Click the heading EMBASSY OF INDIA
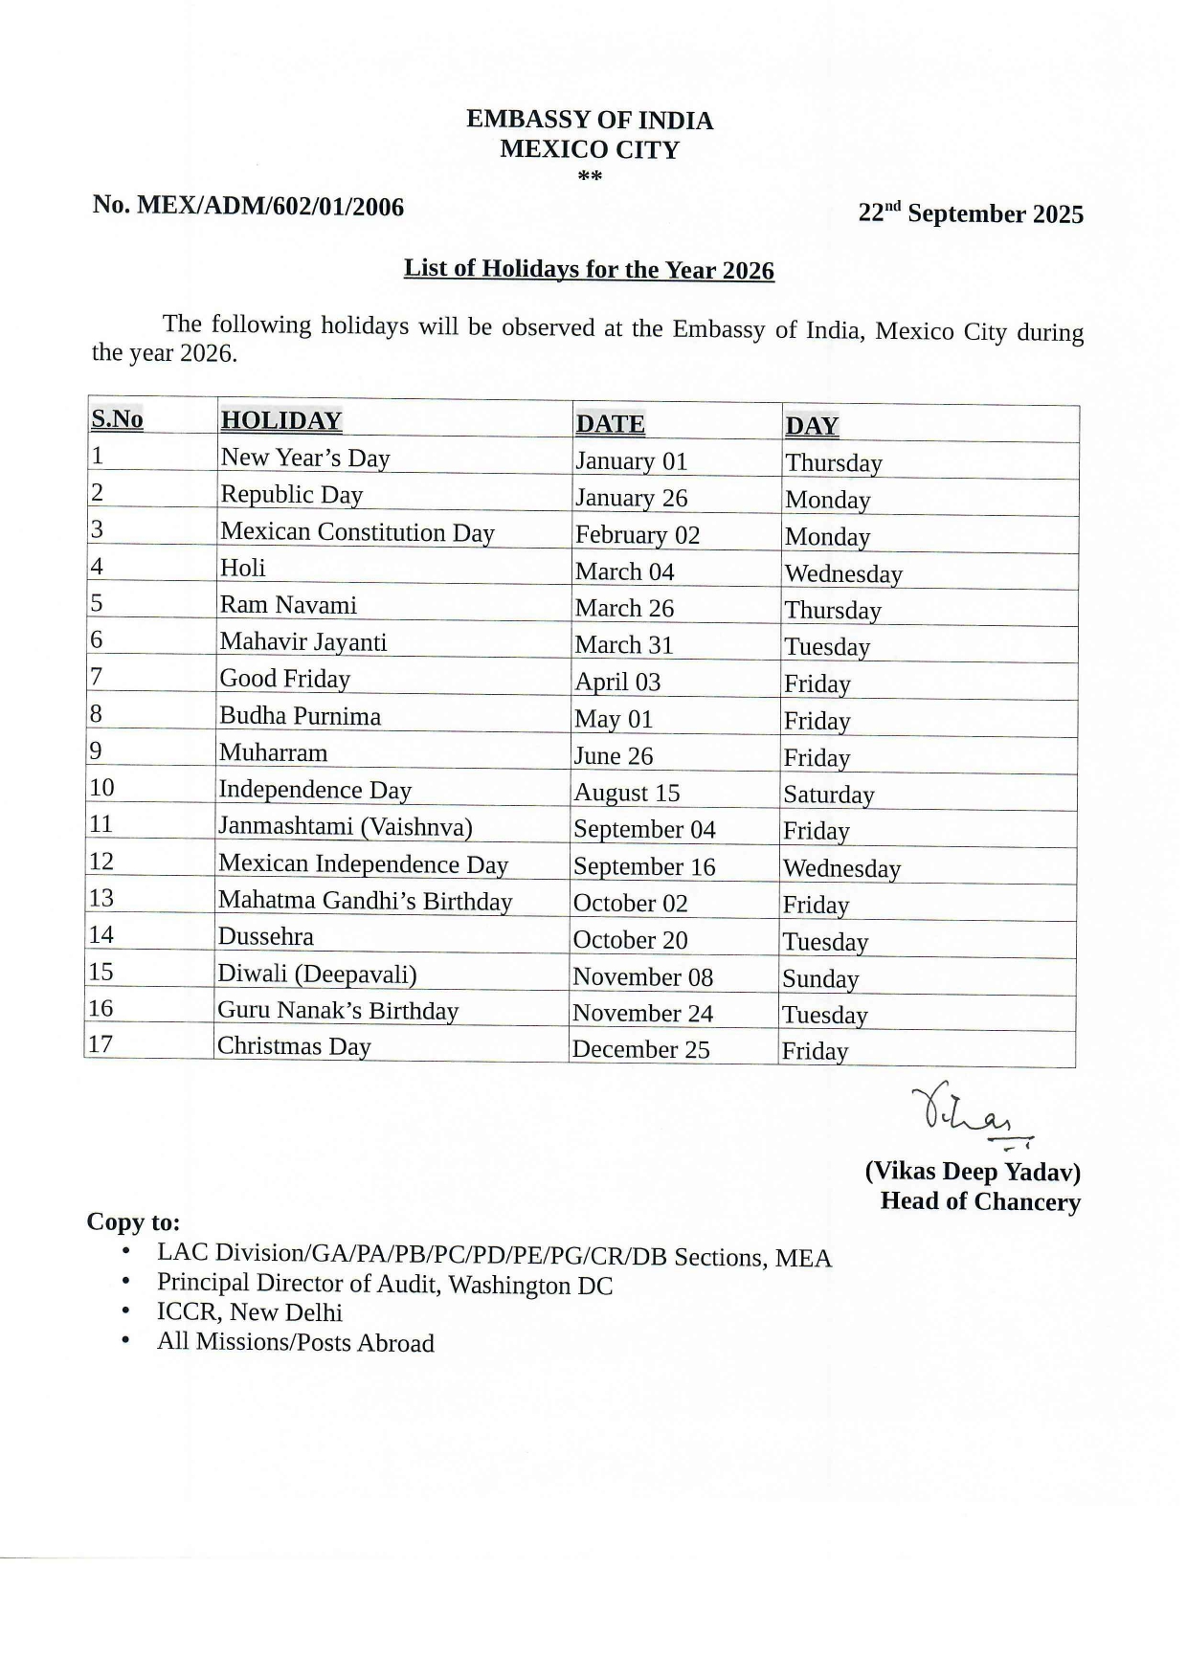[x=589, y=121]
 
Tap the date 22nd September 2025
[x=970, y=213]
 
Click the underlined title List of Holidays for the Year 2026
[x=589, y=269]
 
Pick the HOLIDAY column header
[x=280, y=421]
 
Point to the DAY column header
[x=811, y=426]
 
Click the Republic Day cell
[x=291, y=495]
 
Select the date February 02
[x=637, y=535]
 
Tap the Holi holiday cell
[x=243, y=569]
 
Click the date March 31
[x=624, y=645]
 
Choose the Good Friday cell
[x=284, y=679]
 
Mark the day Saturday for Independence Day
[x=828, y=795]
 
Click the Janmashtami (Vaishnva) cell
[x=345, y=826]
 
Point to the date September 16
[x=643, y=866]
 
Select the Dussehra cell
[x=265, y=937]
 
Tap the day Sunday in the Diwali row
[x=819, y=978]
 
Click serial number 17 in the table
[x=100, y=1044]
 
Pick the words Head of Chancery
[x=979, y=1201]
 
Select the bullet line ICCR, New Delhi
[x=249, y=1312]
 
